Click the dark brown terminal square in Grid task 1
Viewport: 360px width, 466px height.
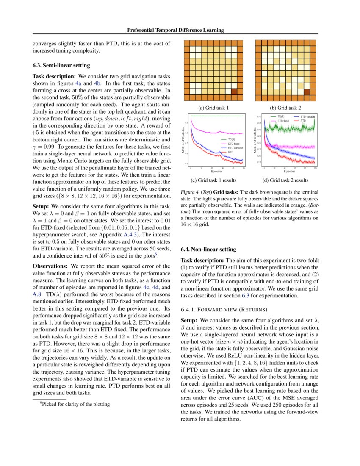pos(233,92)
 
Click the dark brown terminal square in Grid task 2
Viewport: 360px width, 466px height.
pos(307,92)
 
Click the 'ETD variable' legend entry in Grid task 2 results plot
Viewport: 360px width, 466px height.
pos(307,116)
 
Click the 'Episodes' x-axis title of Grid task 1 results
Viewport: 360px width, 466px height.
pos(217,172)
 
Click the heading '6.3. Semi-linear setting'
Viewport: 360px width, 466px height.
pos(61,65)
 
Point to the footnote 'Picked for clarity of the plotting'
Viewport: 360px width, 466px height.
pos(76,404)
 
